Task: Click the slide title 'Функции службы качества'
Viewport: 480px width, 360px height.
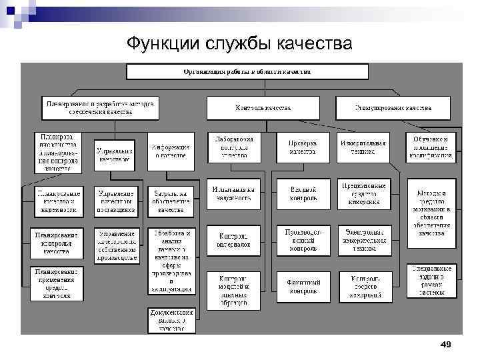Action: tap(239, 43)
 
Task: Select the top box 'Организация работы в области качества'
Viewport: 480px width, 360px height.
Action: tap(247, 72)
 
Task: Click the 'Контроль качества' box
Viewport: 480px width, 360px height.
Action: tap(263, 107)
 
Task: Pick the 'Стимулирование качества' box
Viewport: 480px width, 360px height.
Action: tap(393, 107)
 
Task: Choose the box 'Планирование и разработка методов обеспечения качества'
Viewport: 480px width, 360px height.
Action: tap(99, 107)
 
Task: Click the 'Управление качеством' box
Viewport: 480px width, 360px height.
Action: tap(114, 155)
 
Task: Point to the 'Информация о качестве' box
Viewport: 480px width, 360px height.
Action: tap(171, 151)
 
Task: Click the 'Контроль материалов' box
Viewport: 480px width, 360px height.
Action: tap(233, 240)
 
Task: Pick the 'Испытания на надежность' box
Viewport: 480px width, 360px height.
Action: tap(233, 193)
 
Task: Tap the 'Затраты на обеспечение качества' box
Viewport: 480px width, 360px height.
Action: tap(171, 201)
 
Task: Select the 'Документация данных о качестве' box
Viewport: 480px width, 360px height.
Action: tap(171, 320)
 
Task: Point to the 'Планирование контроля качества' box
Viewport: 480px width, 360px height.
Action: tap(56, 243)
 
